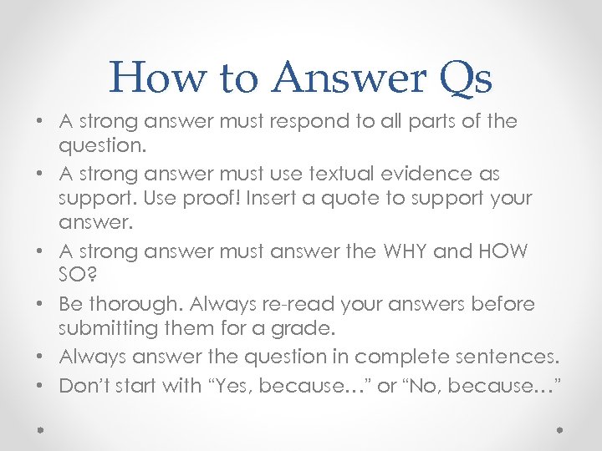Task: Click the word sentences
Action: pos(511,357)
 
